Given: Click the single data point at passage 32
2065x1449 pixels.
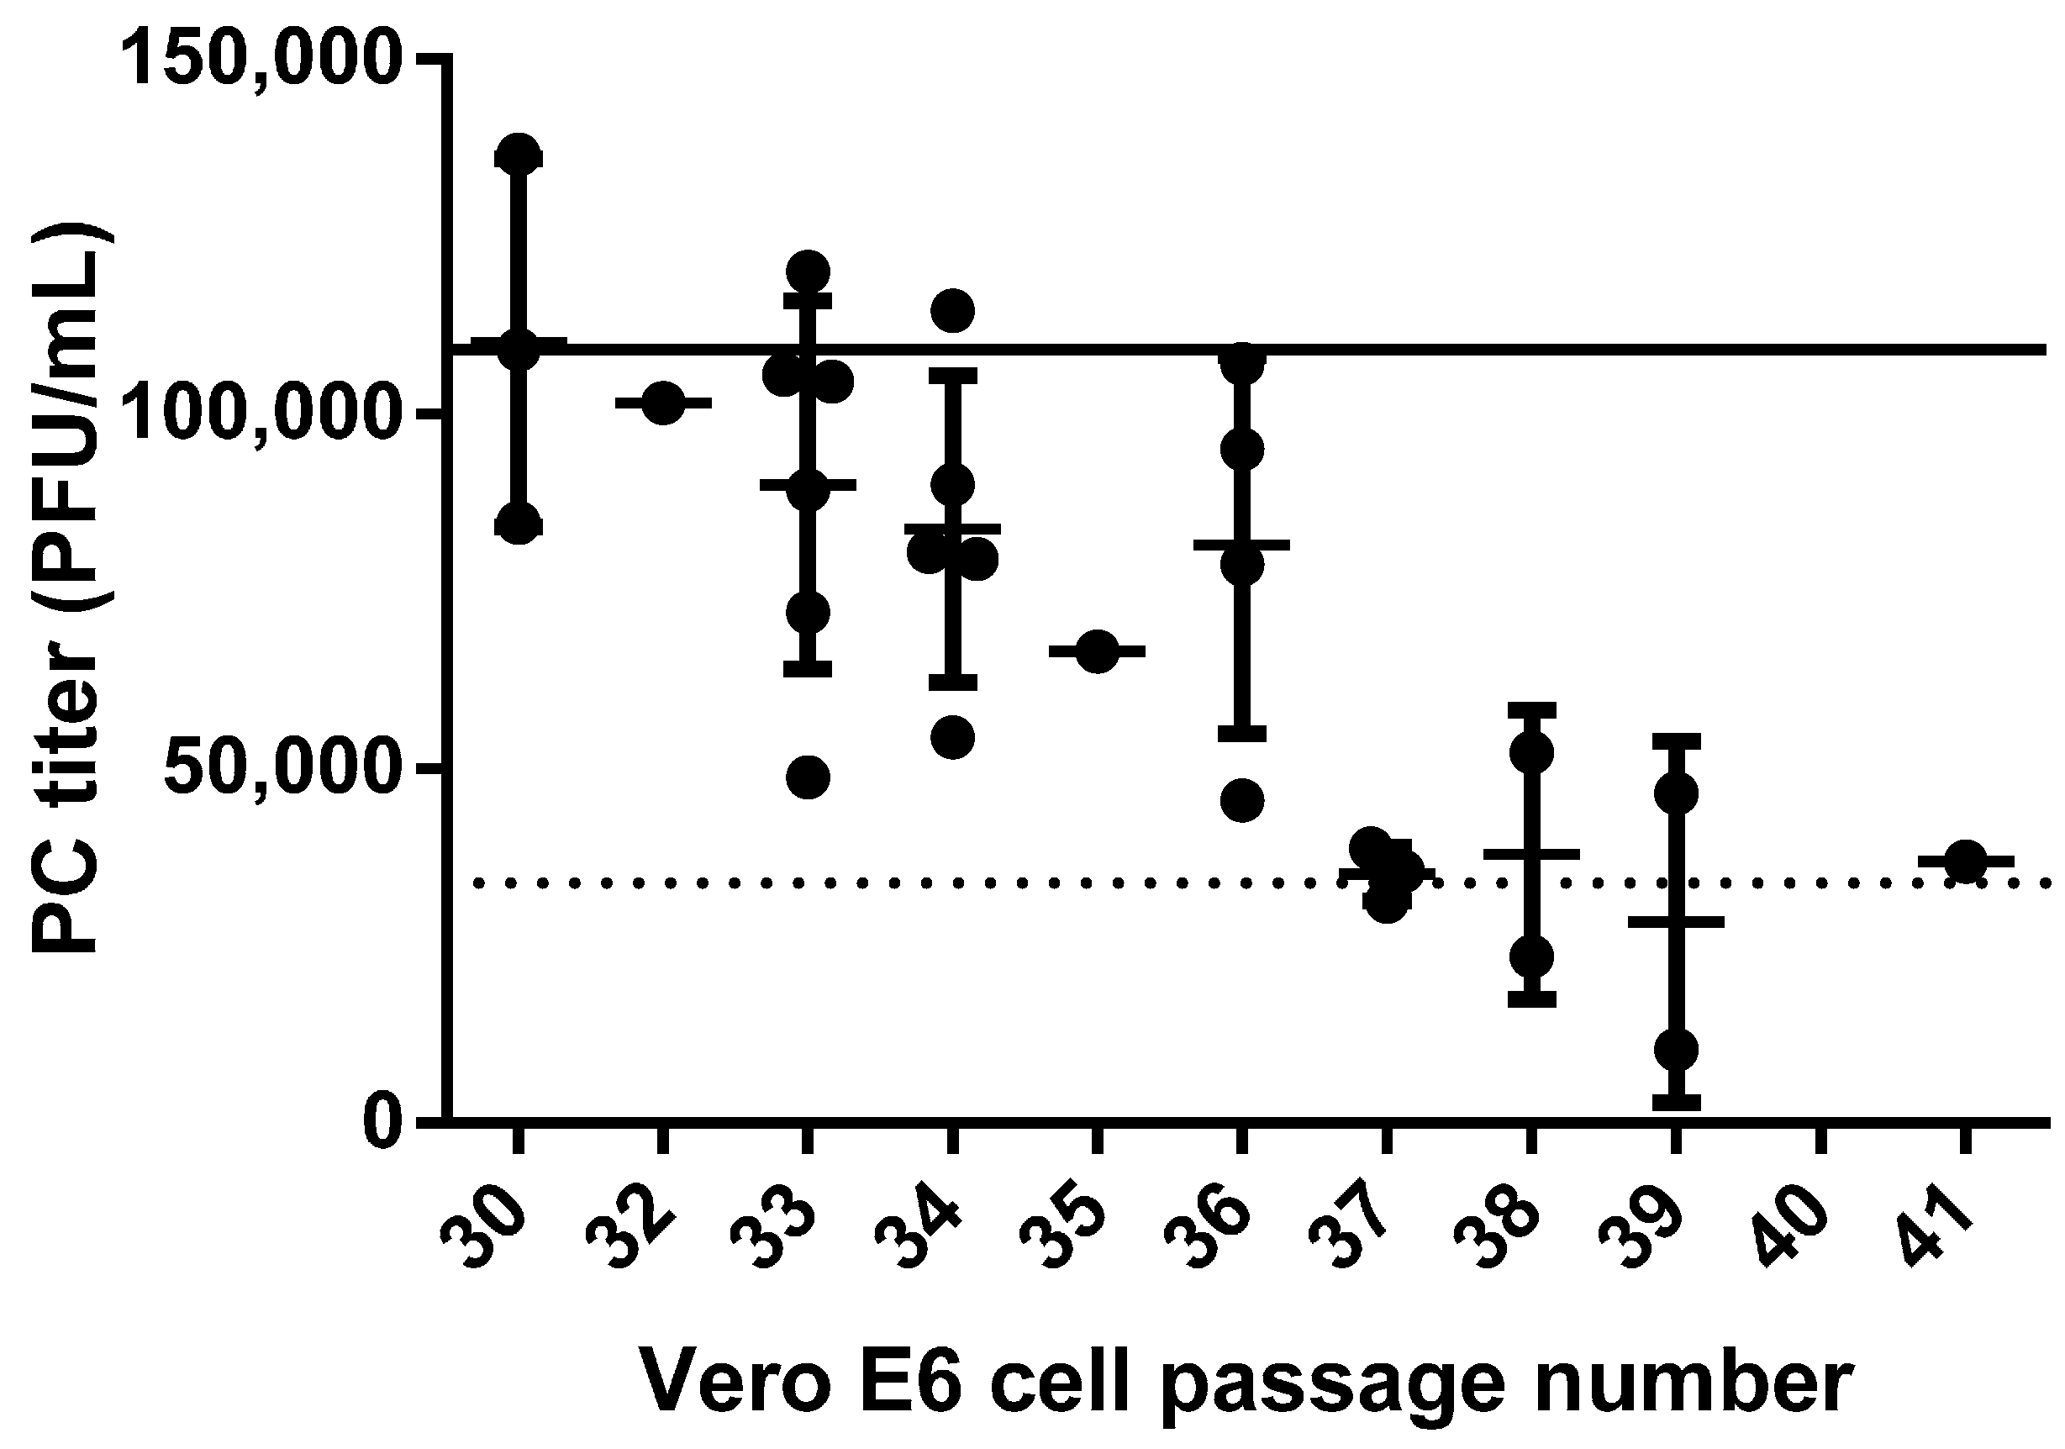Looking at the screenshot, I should coord(663,403).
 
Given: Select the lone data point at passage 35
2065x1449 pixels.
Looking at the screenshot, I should coord(1096,651).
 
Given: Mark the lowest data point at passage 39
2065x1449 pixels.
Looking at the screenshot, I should coord(1676,1049).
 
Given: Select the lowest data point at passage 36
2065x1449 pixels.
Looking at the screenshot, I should coord(1242,799).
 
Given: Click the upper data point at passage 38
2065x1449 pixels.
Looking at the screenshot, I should coord(1531,753).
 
